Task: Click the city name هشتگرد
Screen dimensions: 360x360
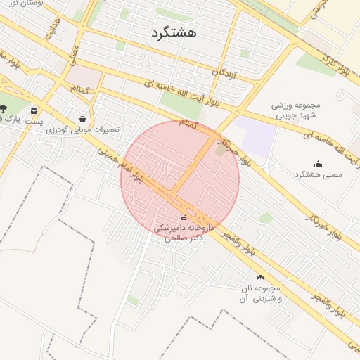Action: pyautogui.click(x=174, y=32)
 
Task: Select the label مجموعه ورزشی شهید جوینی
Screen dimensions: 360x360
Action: pyautogui.click(x=296, y=110)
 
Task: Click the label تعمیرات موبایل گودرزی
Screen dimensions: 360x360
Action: pyautogui.click(x=83, y=130)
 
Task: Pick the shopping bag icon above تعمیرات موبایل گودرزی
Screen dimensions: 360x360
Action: pyautogui.click(x=83, y=119)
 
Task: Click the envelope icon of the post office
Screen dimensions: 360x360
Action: pyautogui.click(x=34, y=110)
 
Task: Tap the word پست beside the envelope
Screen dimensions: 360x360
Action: pyautogui.click(x=34, y=121)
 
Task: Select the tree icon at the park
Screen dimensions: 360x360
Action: pyautogui.click(x=4, y=108)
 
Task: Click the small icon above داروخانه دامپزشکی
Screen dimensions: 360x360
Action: pyautogui.click(x=184, y=217)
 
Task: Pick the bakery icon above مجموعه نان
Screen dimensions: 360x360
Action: pyautogui.click(x=260, y=278)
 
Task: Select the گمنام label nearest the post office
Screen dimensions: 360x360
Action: pyautogui.click(x=79, y=89)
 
